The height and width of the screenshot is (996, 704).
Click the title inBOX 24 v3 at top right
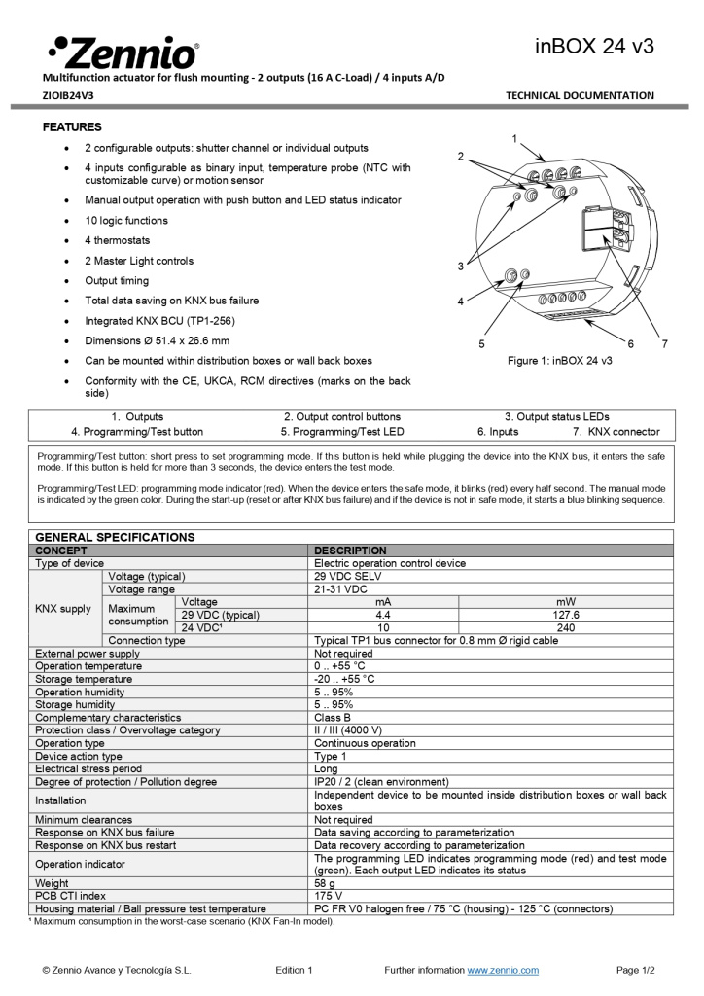click(x=594, y=46)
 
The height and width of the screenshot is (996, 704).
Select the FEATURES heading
click(x=72, y=127)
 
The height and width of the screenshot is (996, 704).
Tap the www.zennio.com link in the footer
click(x=503, y=970)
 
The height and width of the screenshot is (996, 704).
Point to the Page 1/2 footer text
click(x=636, y=970)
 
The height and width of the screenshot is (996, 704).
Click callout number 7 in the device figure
click(x=664, y=344)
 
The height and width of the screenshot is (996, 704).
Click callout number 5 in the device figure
click(x=481, y=344)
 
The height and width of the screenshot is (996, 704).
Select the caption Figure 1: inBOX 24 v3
click(x=559, y=361)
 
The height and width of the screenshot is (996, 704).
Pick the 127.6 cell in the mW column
click(x=565, y=615)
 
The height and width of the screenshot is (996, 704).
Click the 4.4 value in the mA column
click(x=383, y=615)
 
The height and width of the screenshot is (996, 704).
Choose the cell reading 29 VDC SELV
click(x=348, y=576)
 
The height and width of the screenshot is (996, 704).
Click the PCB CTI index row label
click(x=71, y=896)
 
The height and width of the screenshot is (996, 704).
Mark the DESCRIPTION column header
click(x=350, y=551)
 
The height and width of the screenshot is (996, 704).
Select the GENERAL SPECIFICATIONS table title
click(x=115, y=537)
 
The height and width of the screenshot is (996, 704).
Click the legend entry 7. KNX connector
click(x=616, y=432)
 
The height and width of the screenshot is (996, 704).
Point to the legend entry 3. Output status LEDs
click(x=556, y=416)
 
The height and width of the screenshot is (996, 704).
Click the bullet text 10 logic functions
click(x=126, y=221)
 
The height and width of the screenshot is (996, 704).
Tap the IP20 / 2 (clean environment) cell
click(x=381, y=782)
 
